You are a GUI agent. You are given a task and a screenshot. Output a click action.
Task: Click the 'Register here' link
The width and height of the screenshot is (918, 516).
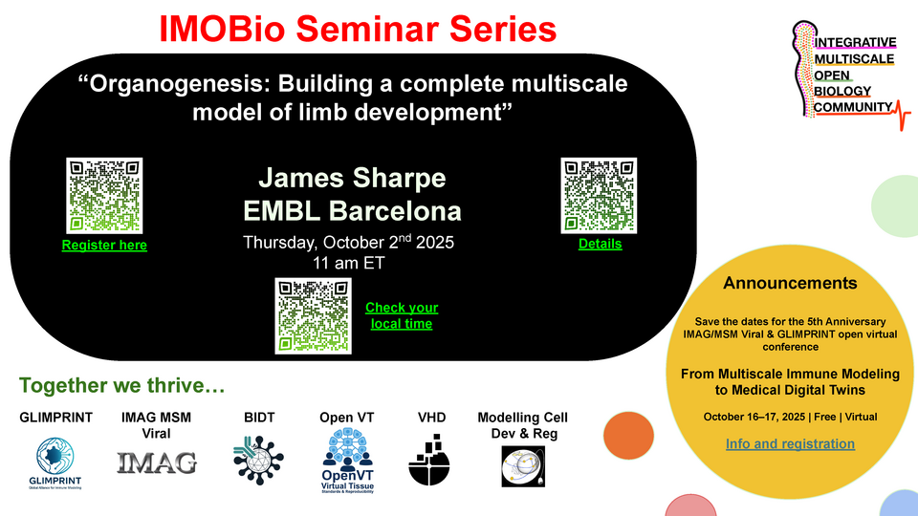click(x=104, y=246)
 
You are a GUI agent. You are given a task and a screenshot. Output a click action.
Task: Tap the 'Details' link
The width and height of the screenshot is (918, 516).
click(x=600, y=244)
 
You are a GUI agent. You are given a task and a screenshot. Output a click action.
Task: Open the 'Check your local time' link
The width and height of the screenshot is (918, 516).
click(x=402, y=315)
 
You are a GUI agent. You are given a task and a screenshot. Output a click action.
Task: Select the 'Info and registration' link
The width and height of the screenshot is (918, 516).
click(x=790, y=443)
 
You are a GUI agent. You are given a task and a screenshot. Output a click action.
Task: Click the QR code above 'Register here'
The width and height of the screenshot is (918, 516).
click(x=104, y=195)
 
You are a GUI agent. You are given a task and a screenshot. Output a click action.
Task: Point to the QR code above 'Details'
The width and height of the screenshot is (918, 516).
click(x=600, y=195)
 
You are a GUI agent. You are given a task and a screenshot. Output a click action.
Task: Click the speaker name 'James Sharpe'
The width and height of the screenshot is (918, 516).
click(x=352, y=179)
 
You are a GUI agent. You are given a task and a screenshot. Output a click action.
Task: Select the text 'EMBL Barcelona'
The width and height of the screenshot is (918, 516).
click(x=352, y=210)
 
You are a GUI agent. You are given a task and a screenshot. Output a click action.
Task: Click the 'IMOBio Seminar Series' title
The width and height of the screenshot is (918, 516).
click(x=358, y=29)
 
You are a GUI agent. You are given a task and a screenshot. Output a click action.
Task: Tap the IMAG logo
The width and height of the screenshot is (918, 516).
click(x=157, y=463)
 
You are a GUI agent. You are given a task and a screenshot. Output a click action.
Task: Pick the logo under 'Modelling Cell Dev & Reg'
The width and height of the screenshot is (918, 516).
click(x=523, y=463)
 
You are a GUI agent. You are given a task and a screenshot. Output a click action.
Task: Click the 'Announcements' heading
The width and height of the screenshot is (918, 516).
click(x=790, y=283)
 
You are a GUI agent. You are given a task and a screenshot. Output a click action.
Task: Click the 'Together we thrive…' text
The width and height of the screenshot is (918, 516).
click(x=122, y=386)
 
